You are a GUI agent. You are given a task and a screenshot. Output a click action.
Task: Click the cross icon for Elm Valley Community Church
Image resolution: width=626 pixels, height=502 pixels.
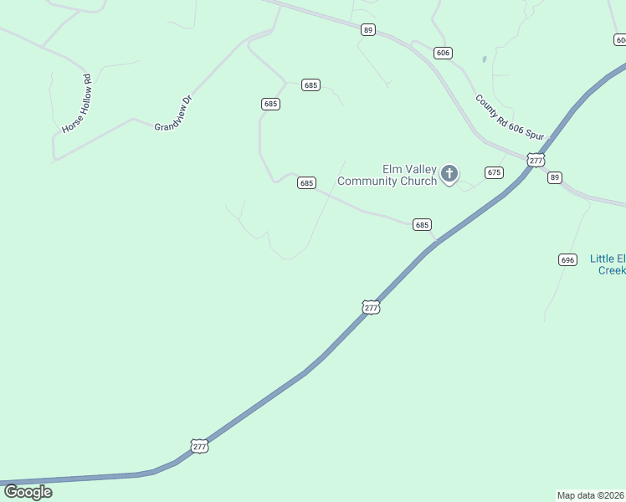(x=449, y=174)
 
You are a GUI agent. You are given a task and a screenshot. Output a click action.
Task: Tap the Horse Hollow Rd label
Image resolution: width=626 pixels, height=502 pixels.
(x=76, y=104)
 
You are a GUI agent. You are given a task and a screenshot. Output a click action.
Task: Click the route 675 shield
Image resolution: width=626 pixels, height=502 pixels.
(x=494, y=172)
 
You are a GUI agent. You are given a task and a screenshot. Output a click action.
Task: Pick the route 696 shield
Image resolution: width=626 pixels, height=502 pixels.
(x=567, y=260)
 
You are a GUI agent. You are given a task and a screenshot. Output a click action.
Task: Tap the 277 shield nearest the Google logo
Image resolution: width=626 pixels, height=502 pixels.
(x=199, y=446)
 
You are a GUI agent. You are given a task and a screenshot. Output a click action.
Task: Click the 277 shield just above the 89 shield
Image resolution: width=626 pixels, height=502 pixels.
(x=536, y=160)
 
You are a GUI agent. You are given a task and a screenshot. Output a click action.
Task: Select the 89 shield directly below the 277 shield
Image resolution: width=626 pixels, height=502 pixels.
(x=555, y=177)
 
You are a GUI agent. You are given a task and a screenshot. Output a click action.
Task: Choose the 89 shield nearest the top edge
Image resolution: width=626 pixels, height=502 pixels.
(x=368, y=30)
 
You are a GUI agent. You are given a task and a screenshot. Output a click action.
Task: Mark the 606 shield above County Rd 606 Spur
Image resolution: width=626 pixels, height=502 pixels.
(x=443, y=53)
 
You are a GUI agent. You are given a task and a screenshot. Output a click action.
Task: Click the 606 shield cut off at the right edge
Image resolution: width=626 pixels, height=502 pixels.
(x=620, y=39)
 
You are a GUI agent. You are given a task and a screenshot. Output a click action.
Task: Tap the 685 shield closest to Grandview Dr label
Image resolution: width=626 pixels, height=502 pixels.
(x=270, y=104)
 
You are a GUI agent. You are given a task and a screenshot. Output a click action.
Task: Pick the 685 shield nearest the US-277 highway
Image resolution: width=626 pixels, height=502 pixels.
(x=422, y=224)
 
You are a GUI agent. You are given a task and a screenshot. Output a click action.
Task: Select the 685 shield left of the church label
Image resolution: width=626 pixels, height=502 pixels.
(x=306, y=182)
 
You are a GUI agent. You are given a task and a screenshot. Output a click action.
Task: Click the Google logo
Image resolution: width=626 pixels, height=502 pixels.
(x=28, y=492)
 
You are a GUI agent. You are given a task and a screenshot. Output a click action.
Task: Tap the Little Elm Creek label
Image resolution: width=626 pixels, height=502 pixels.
(x=608, y=264)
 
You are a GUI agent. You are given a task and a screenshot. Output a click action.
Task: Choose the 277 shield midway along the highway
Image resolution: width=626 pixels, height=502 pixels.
(x=372, y=307)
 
